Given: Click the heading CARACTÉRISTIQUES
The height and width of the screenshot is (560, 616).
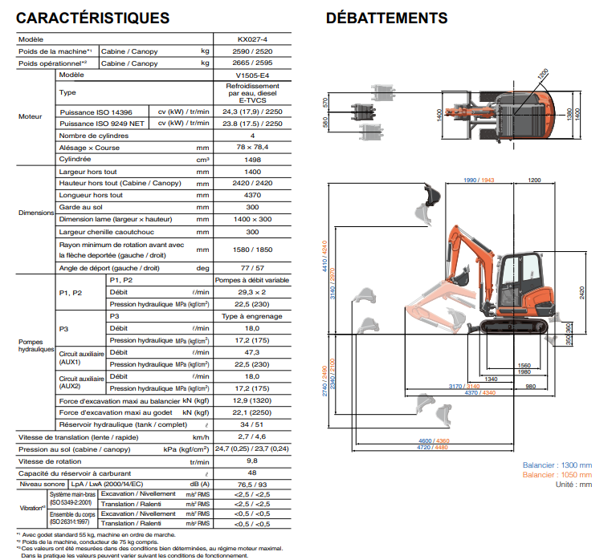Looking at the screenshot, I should [92, 18].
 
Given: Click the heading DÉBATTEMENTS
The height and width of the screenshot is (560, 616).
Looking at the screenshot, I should [386, 18].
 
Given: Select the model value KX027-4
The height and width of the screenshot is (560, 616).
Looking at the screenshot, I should [252, 39].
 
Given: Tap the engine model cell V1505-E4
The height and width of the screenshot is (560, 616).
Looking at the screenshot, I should [252, 75].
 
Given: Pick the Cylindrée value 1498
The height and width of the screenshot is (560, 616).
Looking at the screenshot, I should [252, 160].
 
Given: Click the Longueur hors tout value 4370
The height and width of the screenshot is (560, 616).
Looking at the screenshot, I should [252, 195].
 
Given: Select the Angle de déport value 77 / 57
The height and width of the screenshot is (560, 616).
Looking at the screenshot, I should [252, 268].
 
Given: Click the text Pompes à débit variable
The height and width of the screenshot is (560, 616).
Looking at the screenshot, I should [252, 280].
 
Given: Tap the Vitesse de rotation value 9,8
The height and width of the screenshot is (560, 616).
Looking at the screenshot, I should [252, 461].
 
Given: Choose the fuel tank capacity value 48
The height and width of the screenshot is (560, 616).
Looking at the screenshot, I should [252, 473].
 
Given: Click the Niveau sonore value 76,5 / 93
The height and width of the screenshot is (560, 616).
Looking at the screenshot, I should [252, 484].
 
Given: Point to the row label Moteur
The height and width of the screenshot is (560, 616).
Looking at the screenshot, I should [31, 117].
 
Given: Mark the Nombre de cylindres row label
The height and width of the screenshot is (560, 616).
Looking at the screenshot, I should [96, 136].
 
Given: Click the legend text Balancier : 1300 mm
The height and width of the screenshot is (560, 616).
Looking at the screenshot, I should [557, 465].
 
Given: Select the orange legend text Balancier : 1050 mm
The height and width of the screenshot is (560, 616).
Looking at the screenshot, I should [557, 475].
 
